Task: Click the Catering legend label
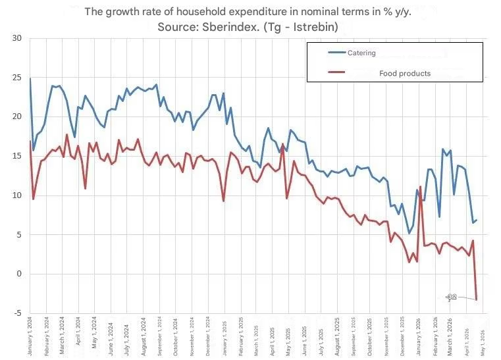point(362,53)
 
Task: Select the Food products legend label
point(404,73)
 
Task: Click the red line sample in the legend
point(337,73)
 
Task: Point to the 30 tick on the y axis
point(17,38)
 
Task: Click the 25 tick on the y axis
point(17,78)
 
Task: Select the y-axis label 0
point(19,274)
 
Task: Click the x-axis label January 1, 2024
point(30,336)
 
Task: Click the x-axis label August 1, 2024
point(143,336)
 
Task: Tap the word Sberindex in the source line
point(213,27)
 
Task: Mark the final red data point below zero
point(477,299)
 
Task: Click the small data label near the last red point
point(452,297)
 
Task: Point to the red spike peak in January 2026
point(421,187)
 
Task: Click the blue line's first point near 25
point(30,79)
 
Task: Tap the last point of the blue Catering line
point(477,220)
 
